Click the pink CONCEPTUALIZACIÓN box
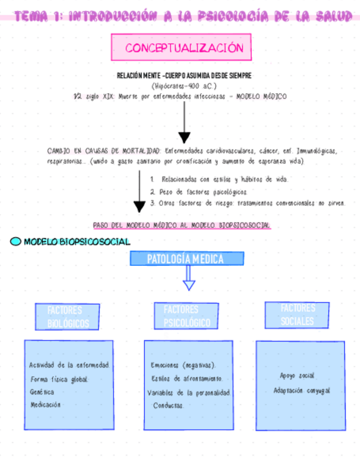[182, 48]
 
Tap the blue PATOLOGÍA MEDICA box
[187, 259]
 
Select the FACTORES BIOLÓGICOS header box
[67, 317]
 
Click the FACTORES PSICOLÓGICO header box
[187, 316]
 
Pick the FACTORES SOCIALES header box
[297, 315]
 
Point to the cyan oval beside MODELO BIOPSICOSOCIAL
[16, 241]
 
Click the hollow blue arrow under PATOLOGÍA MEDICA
[189, 279]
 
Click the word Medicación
[46, 405]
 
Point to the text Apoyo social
[297, 376]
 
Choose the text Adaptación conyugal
[302, 390]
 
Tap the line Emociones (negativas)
[183, 365]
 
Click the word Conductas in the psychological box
[168, 406]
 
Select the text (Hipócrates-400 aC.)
[184, 86]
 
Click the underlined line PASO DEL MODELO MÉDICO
[182, 225]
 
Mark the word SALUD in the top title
[334, 16]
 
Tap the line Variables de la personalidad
[189, 393]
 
